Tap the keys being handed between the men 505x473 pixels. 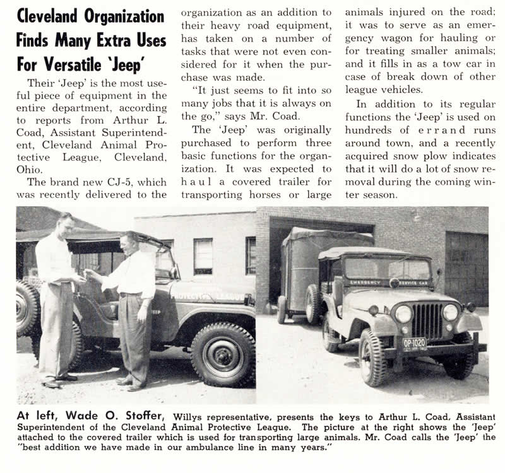[83, 276]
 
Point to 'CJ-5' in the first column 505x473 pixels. [131, 182]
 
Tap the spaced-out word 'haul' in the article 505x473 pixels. [198, 181]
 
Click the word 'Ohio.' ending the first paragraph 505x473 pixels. [30, 169]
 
